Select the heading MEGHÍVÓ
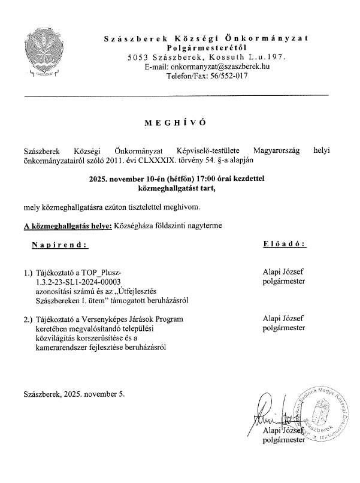[175, 122]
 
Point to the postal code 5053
[137, 57]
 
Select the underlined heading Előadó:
[285, 244]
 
